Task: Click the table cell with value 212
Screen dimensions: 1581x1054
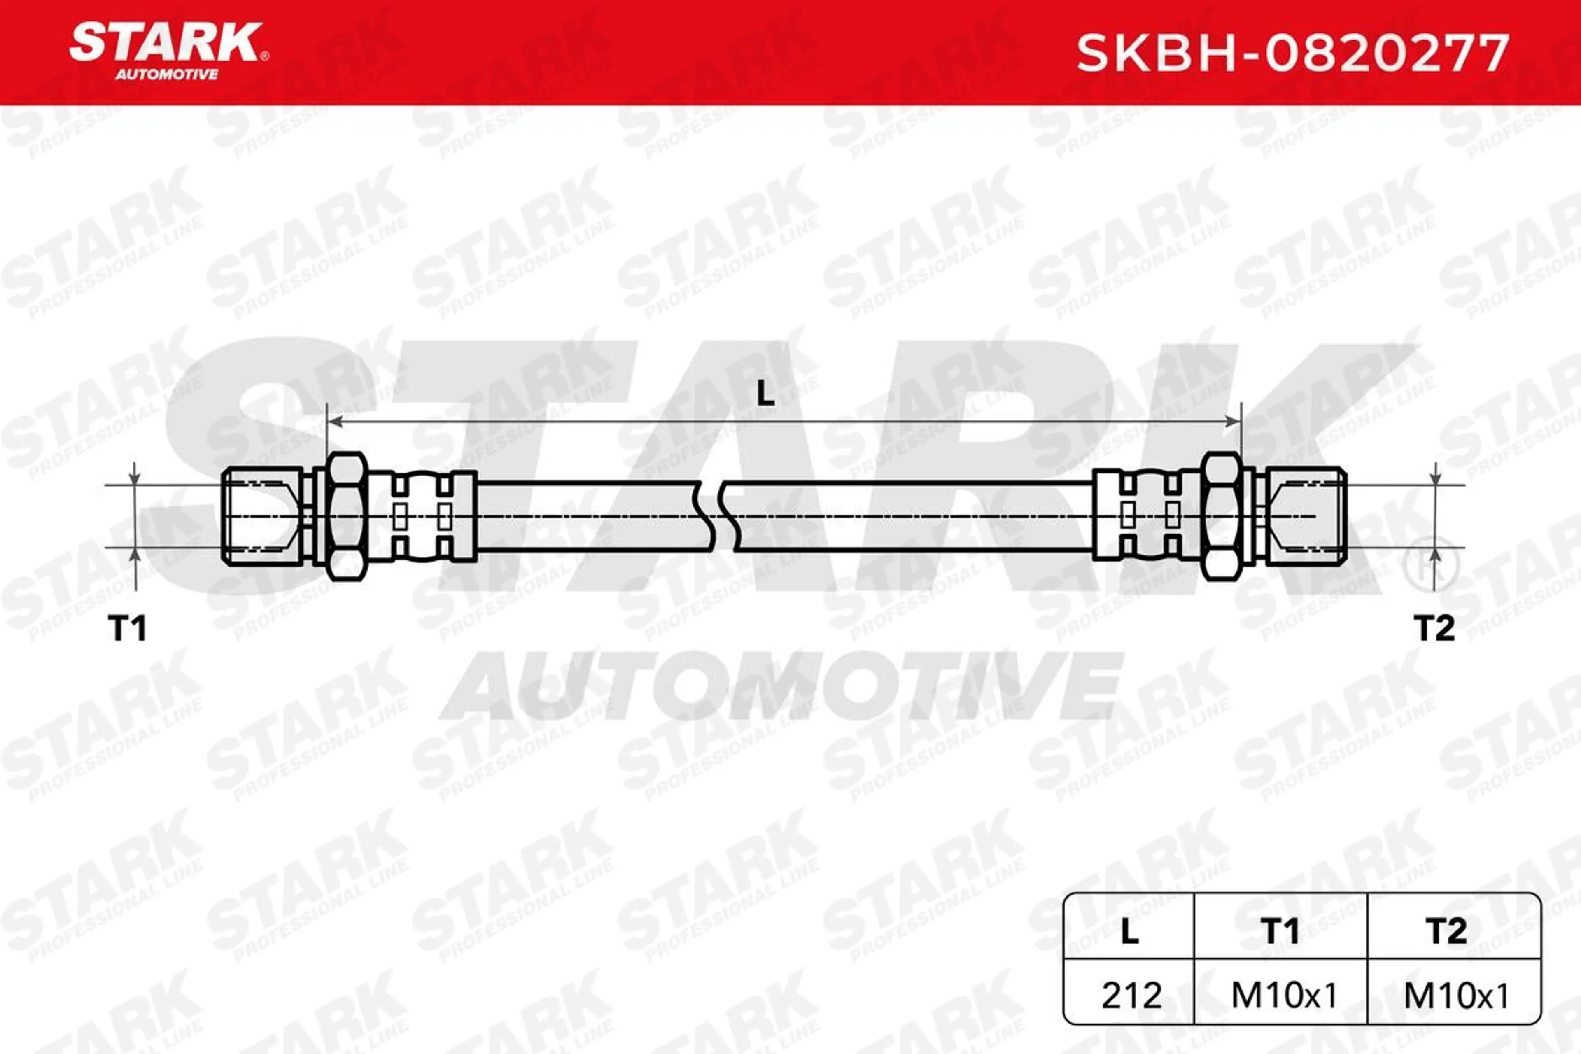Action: pyautogui.click(x=1132, y=996)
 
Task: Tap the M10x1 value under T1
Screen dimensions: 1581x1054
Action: pyautogui.click(x=1284, y=996)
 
